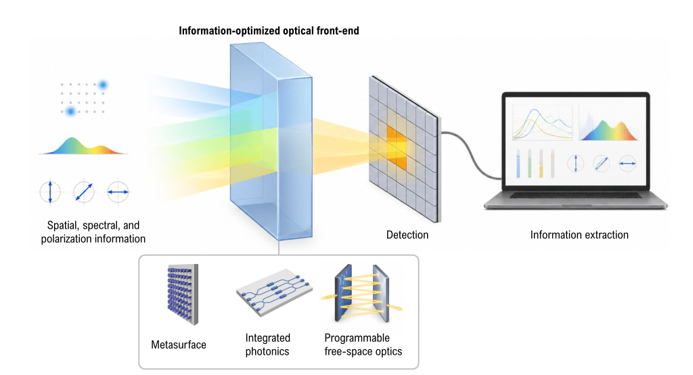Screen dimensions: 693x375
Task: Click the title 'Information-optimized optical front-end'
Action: coord(269,31)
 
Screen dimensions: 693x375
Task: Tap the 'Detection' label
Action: coord(407,235)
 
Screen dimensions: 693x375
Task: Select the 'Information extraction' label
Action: coord(579,235)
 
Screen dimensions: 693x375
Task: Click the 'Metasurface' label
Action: coord(179,345)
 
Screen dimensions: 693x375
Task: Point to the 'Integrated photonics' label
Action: coord(268,345)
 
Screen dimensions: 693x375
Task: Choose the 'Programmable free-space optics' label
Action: coord(363,345)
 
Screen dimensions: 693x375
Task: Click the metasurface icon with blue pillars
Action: coord(183,294)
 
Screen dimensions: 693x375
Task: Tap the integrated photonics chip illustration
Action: coord(274,291)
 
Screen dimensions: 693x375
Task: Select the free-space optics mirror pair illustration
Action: coord(362,293)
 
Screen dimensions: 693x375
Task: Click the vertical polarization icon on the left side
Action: coord(50,192)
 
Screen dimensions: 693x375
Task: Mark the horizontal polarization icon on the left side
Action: coord(118,192)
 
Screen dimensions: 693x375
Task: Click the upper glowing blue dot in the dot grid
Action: coord(103,85)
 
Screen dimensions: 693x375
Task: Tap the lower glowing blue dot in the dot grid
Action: coord(70,111)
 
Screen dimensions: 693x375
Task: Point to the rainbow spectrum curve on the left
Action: coord(83,146)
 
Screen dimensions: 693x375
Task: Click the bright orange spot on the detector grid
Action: coord(397,148)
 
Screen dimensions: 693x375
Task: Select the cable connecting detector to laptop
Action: coord(471,156)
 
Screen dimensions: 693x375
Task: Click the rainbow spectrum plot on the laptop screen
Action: coord(609,125)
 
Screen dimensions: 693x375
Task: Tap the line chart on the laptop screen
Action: coord(542,123)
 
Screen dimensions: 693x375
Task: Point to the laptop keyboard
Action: coord(575,195)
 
